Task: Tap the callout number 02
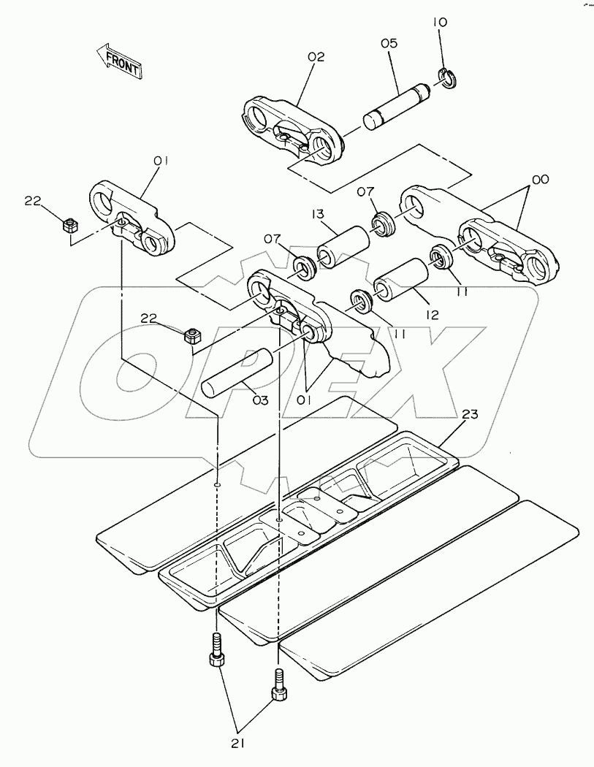[x=316, y=57]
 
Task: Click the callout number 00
[x=541, y=179]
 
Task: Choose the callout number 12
[x=433, y=315]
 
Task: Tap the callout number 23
[x=470, y=414]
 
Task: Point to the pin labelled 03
[x=237, y=373]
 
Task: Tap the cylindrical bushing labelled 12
[x=402, y=281]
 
